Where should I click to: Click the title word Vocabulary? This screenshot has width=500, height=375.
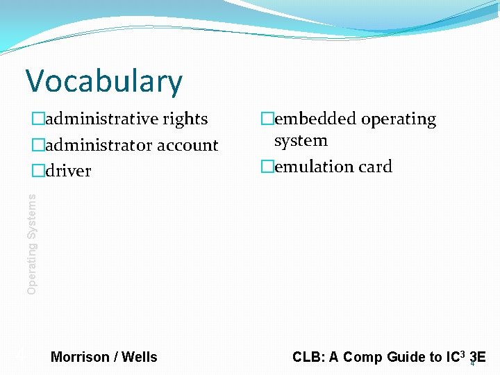(104, 81)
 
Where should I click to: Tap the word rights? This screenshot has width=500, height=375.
(185, 119)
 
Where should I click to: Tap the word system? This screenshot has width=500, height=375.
(301, 141)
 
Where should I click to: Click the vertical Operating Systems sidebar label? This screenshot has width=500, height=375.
(32, 244)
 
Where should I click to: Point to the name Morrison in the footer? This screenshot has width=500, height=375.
(80, 357)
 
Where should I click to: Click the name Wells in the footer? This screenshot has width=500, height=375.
(140, 357)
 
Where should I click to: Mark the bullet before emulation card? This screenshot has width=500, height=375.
(265, 167)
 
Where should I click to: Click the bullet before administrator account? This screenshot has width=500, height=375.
(37, 145)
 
